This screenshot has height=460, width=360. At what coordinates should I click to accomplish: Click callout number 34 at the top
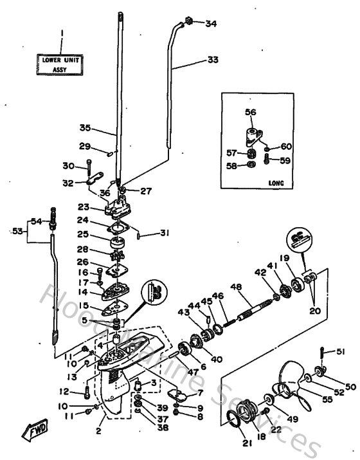tap(212, 24)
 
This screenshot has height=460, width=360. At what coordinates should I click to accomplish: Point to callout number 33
tap(213, 60)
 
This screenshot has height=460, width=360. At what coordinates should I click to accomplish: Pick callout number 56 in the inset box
tap(250, 112)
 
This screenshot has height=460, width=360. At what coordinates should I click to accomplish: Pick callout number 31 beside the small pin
tap(165, 233)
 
